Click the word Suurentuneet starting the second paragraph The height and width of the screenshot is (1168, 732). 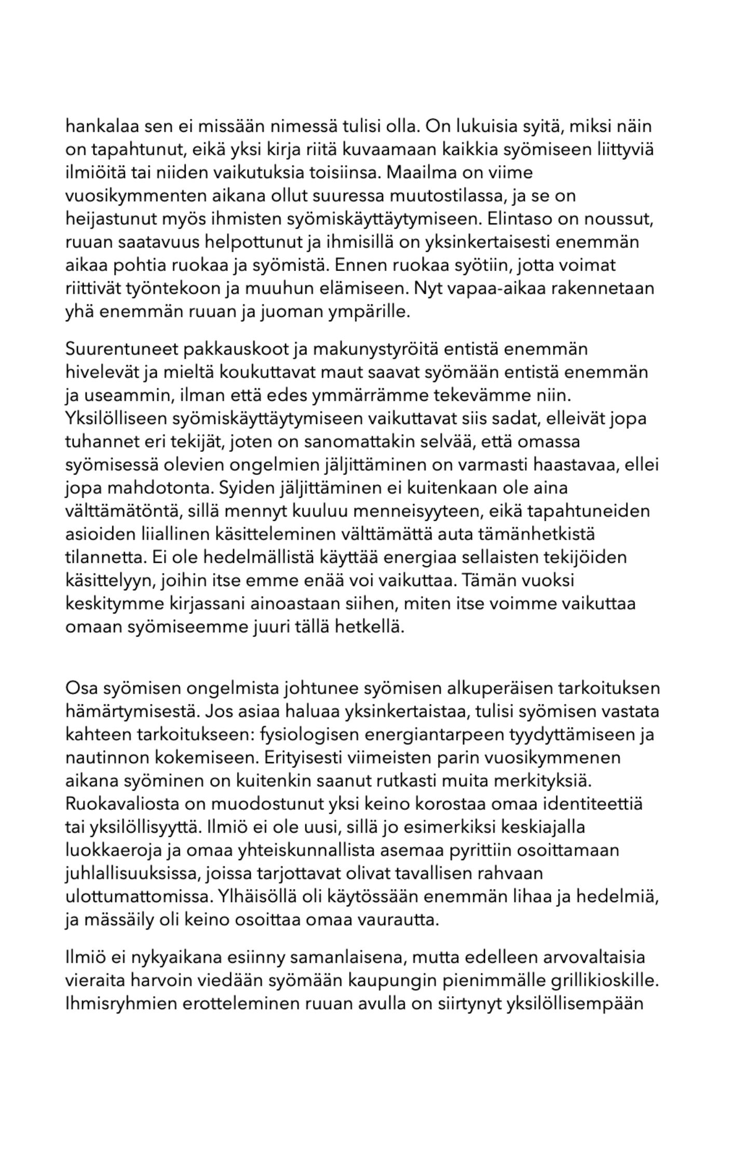click(x=123, y=349)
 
